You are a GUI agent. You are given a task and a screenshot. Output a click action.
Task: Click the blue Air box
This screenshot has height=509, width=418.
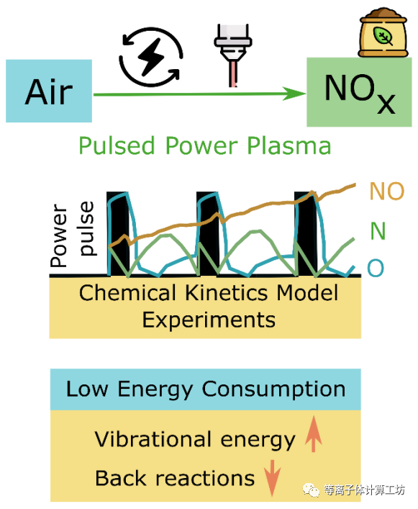click(49, 91)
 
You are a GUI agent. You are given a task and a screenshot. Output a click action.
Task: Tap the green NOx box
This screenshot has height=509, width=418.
click(359, 92)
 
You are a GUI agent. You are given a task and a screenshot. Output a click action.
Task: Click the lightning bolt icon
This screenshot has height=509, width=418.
click(151, 57)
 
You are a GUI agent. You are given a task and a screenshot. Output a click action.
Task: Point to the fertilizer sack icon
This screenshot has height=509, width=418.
click(383, 32)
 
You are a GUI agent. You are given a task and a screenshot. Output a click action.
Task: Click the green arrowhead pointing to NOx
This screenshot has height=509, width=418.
click(294, 94)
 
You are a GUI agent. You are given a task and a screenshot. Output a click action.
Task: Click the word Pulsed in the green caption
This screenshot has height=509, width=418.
click(117, 145)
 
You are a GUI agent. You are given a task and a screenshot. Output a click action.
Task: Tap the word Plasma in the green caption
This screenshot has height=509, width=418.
click(289, 145)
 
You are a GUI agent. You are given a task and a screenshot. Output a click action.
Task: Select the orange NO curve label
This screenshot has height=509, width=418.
click(387, 192)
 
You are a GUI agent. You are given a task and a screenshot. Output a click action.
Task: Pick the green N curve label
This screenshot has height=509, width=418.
click(378, 231)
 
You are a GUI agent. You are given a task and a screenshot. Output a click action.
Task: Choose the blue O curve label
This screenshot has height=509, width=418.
click(376, 268)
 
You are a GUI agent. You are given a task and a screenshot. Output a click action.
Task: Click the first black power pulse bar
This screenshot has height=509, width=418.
click(118, 233)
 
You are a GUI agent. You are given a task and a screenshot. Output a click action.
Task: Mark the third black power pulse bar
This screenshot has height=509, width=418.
click(306, 233)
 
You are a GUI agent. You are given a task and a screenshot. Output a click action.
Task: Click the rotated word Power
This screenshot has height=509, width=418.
click(59, 235)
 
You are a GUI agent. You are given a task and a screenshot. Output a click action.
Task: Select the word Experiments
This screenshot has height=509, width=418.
click(209, 320)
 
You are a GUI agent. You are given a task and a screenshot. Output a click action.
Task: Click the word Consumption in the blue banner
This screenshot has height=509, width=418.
click(273, 389)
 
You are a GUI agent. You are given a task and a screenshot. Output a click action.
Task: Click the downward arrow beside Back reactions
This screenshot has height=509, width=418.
click(272, 478)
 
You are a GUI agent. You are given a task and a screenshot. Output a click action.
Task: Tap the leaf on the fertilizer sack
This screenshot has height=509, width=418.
click(383, 36)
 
